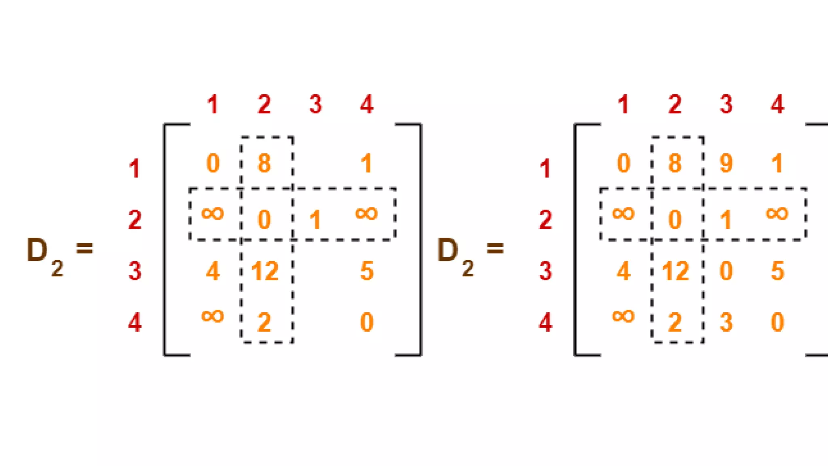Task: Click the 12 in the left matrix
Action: pos(265,271)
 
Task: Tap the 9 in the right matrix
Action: pos(726,163)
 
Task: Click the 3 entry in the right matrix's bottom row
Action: pos(726,322)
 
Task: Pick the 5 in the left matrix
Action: pos(367,271)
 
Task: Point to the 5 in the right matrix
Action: pos(777,271)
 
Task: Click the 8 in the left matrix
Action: pos(264,163)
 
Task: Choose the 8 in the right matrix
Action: pos(675,163)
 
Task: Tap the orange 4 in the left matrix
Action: pos(213,271)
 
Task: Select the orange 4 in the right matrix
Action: pos(623,271)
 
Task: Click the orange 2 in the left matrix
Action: pos(264,322)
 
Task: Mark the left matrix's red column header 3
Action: pos(315,104)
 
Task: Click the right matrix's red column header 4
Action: pos(777,104)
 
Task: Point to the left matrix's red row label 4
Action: pos(135,323)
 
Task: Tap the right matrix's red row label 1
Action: pos(545,169)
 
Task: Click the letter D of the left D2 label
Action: pos(37,250)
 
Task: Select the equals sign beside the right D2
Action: pos(495,248)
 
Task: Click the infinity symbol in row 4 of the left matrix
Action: pos(213,316)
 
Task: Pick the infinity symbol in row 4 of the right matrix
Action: pos(623,316)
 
